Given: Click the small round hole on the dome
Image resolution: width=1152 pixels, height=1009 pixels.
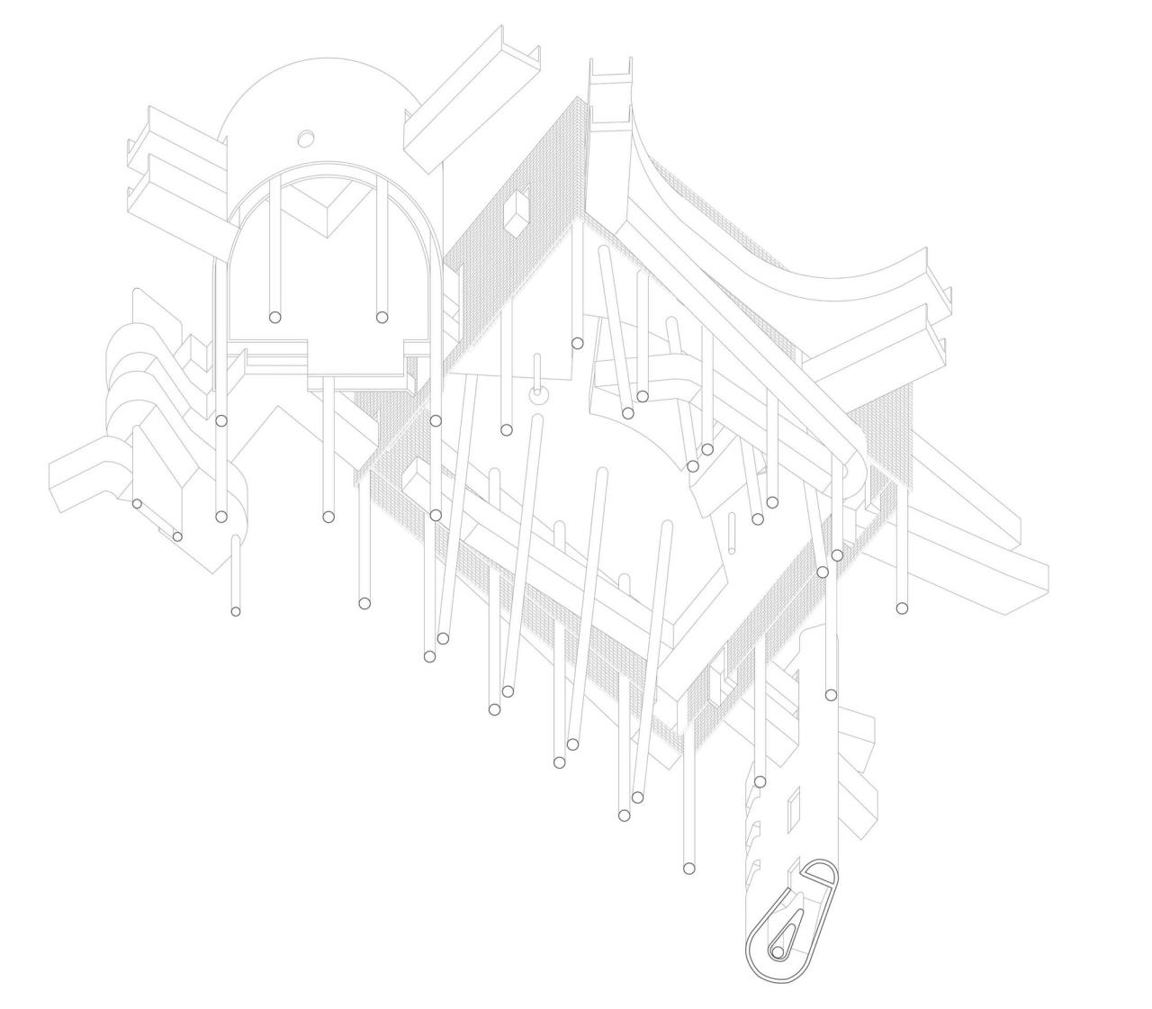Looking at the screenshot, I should [x=305, y=138].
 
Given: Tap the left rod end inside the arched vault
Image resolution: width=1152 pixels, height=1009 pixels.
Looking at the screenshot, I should [x=275, y=317].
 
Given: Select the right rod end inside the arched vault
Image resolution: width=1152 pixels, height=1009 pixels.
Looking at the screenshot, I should [x=382, y=317].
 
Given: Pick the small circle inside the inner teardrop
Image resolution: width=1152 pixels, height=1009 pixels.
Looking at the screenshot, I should [x=777, y=951].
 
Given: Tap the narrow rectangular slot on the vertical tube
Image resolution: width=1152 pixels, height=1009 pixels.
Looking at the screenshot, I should [x=793, y=810].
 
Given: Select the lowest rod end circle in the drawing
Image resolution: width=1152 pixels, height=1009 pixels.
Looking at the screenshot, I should [x=689, y=869].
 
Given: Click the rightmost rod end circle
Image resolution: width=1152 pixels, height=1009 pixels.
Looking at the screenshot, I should [x=902, y=608].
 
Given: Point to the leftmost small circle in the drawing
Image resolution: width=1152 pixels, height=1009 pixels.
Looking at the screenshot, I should [x=137, y=504].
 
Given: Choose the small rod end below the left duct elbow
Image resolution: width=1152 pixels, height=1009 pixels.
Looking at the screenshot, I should [x=236, y=612].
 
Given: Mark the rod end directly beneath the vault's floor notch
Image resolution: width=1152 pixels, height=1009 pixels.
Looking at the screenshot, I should [x=328, y=517].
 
